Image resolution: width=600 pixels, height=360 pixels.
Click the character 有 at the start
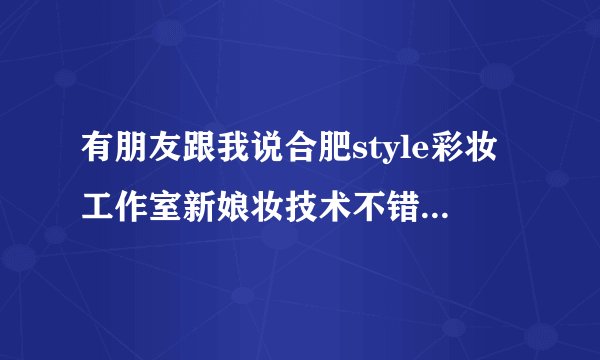(97, 155)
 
